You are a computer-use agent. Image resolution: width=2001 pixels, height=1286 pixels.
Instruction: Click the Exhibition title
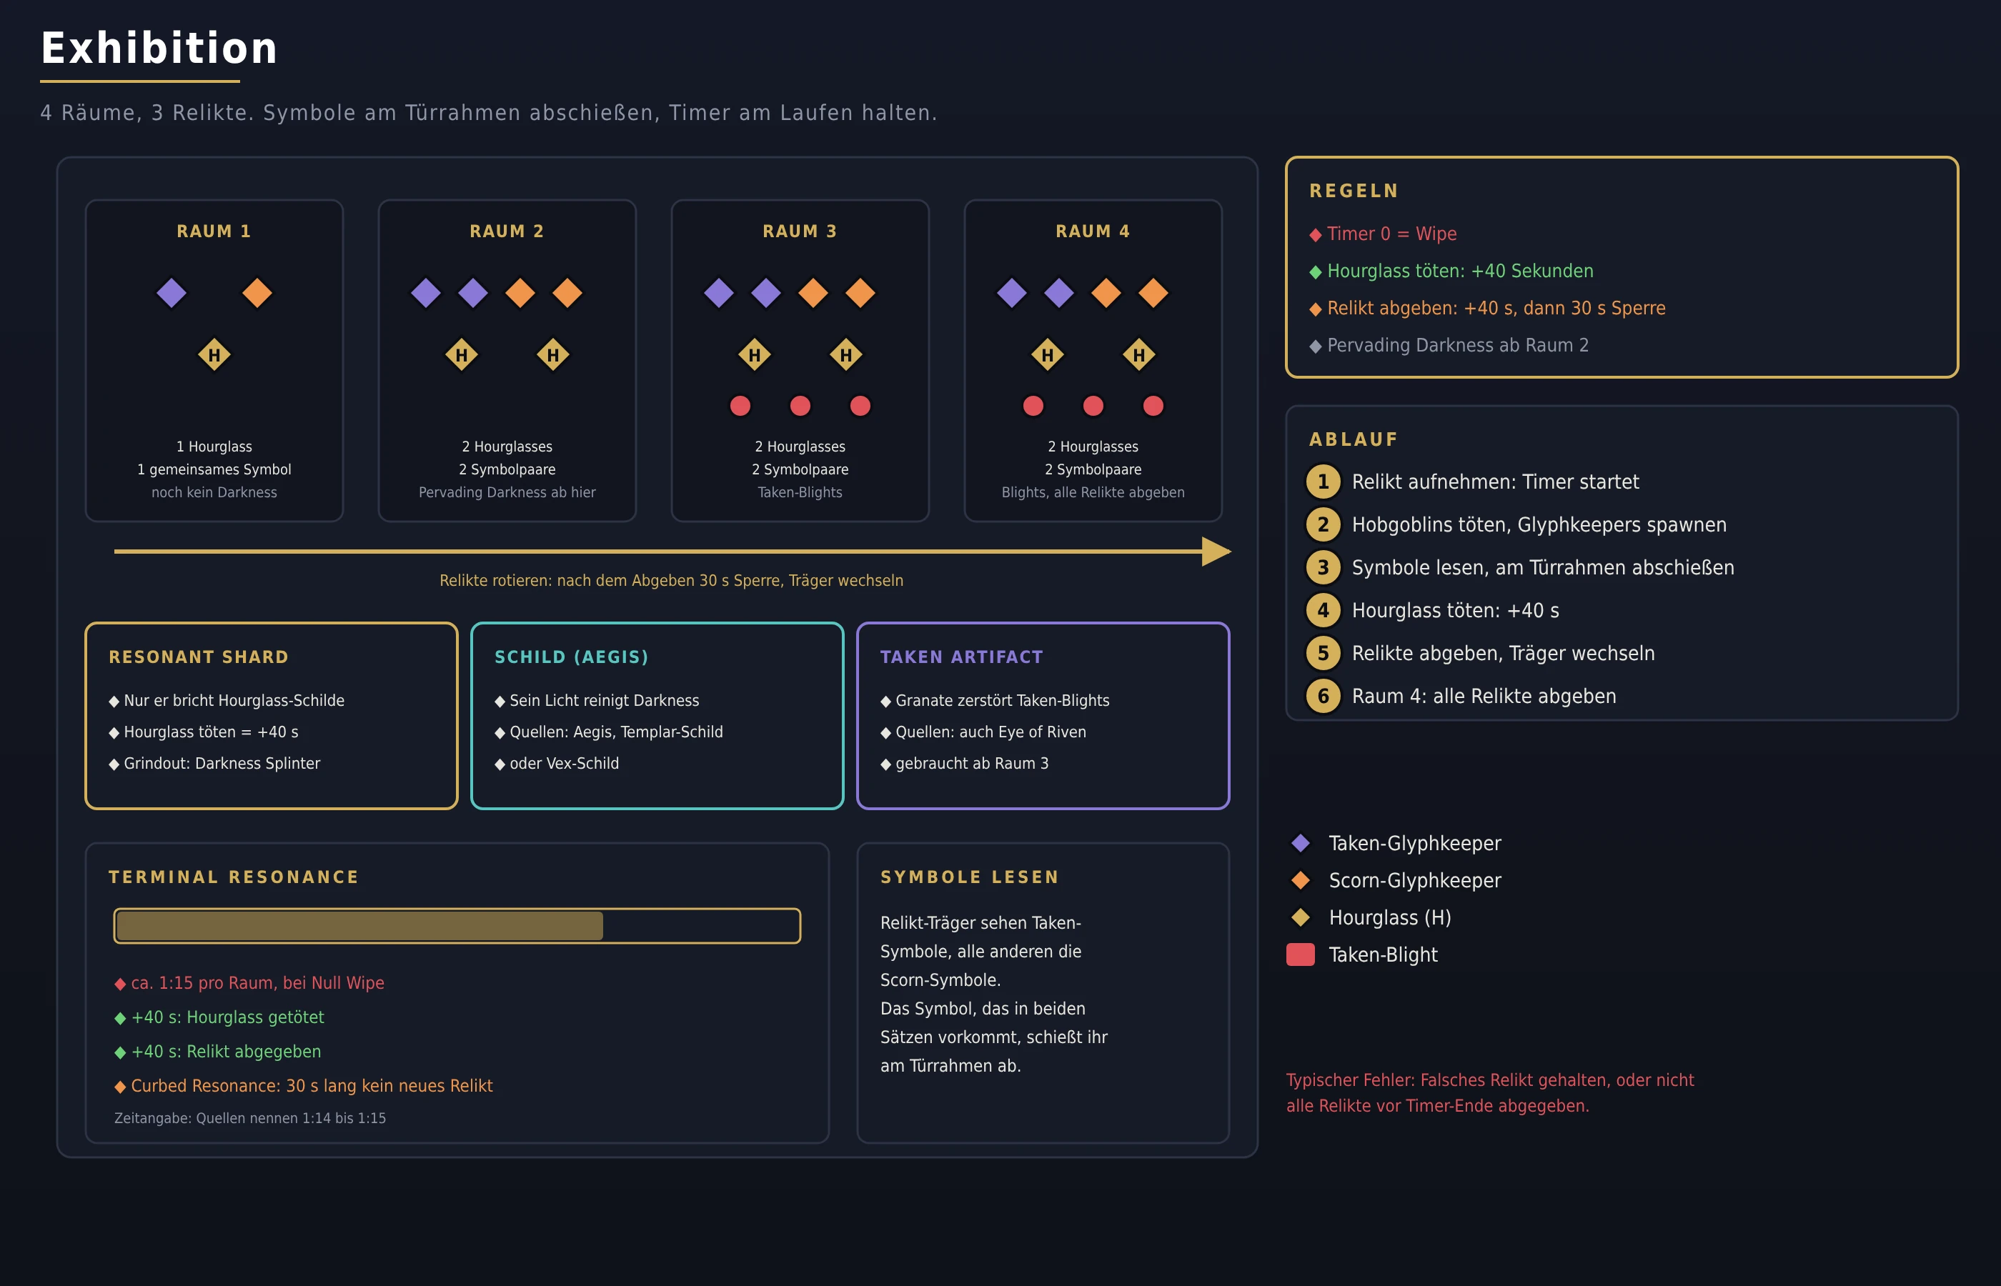pyautogui.click(x=159, y=48)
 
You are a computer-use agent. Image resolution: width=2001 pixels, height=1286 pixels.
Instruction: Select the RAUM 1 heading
pyautogui.click(x=214, y=231)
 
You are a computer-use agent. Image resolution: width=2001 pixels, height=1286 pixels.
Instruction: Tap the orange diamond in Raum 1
pyautogui.click(x=257, y=293)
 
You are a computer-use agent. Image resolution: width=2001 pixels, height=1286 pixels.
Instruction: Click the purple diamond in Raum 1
pyautogui.click(x=172, y=293)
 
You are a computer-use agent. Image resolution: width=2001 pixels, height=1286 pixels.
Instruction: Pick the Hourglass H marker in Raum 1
pyautogui.click(x=214, y=355)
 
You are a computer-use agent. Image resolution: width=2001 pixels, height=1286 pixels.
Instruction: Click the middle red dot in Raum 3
pyautogui.click(x=800, y=406)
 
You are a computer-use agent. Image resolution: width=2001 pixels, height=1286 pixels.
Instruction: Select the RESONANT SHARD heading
pyautogui.click(x=199, y=657)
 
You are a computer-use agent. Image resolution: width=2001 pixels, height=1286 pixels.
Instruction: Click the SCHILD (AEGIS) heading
pyautogui.click(x=571, y=657)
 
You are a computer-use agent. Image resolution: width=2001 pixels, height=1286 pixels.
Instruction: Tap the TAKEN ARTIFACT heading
pyautogui.click(x=961, y=657)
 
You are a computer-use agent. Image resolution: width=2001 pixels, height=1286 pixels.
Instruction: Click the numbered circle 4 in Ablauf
pyautogui.click(x=1323, y=610)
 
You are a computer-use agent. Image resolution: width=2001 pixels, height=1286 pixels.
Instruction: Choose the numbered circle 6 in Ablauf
pyautogui.click(x=1323, y=697)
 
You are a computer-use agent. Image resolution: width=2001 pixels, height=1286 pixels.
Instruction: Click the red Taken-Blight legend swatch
pyautogui.click(x=1301, y=954)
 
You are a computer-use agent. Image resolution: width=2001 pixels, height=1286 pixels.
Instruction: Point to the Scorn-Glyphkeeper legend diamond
pyautogui.click(x=1301, y=880)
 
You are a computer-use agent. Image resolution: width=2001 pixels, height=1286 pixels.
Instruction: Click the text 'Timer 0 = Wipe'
pyautogui.click(x=1391, y=234)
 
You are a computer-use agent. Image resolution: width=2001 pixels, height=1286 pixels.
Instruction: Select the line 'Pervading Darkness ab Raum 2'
pyautogui.click(x=1457, y=346)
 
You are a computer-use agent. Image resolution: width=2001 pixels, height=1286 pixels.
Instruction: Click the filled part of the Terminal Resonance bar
pyautogui.click(x=359, y=926)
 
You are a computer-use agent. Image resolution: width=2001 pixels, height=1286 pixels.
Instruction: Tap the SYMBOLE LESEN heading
pyautogui.click(x=970, y=877)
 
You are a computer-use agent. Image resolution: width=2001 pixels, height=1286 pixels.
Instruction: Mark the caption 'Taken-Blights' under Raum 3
pyautogui.click(x=800, y=493)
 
